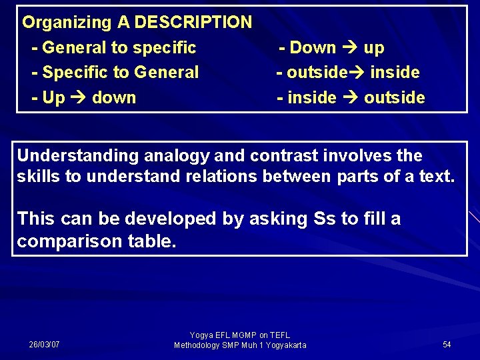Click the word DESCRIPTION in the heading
(193, 22)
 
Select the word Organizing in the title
(67, 22)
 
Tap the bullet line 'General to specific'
(114, 47)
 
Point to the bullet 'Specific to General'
(115, 72)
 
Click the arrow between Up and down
(79, 97)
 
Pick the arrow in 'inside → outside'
(350, 97)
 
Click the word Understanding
(77, 156)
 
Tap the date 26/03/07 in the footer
(44, 345)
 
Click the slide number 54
(447, 345)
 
